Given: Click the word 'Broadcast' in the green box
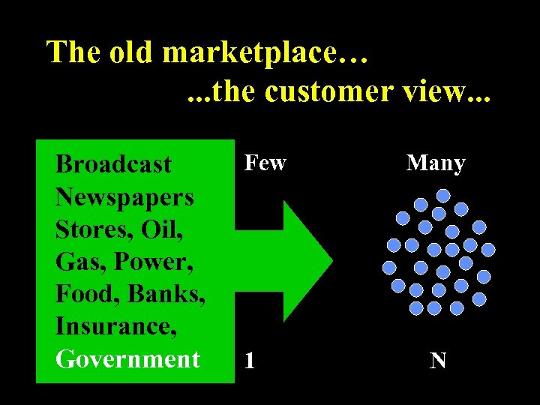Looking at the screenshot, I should pos(113,164).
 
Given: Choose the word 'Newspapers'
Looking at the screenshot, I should pos(124,197).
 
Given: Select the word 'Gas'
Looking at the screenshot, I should pos(78,262).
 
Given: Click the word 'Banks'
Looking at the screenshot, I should pos(167,294).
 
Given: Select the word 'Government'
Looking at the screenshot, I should pos(127,358).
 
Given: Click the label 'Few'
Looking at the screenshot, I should pos(265,163).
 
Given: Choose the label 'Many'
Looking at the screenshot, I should pos(436,163).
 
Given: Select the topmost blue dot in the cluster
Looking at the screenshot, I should pos(443,196).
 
